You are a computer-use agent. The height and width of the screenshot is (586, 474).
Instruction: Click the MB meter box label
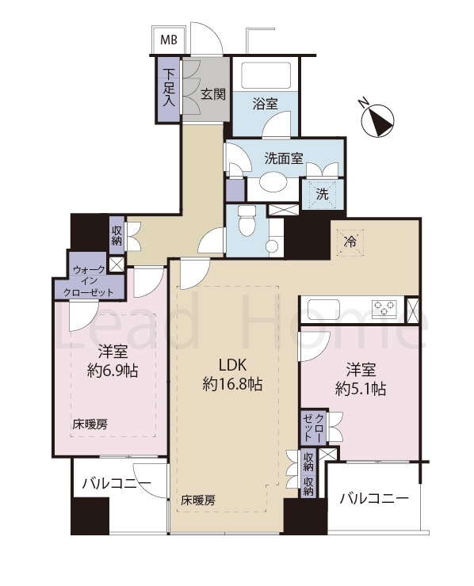(170, 40)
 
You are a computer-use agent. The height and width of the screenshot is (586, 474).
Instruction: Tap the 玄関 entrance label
(212, 95)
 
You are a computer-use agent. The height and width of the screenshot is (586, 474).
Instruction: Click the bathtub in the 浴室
(266, 76)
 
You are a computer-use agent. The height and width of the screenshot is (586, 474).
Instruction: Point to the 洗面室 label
(284, 157)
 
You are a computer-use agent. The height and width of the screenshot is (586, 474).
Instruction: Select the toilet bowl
(247, 219)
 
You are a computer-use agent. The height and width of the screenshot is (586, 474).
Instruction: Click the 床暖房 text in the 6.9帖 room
(90, 424)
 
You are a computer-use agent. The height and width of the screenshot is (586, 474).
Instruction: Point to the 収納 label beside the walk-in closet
(117, 233)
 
